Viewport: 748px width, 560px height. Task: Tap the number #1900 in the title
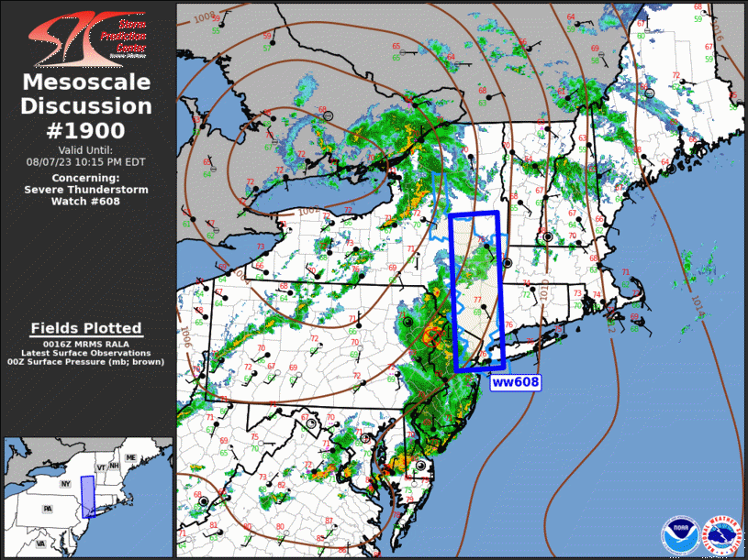pos(86,130)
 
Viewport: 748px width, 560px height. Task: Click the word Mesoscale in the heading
pos(86,82)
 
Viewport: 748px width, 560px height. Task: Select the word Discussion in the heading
pos(86,106)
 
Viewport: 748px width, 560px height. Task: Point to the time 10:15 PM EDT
pos(114,161)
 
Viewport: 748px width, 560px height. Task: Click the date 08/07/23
pos(54,161)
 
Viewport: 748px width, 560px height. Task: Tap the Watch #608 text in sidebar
pos(86,201)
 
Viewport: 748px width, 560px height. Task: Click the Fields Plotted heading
pos(86,328)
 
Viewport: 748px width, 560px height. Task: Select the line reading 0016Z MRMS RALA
pos(86,343)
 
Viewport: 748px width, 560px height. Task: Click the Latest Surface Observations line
pos(86,353)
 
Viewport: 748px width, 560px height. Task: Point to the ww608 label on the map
pos(514,382)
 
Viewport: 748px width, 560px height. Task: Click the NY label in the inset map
pos(65,483)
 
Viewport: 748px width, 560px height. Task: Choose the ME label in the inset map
pos(131,457)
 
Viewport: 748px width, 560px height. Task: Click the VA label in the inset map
pos(41,543)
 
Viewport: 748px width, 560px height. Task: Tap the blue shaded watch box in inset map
pos(87,496)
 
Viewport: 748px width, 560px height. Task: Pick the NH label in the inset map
pos(115,465)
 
